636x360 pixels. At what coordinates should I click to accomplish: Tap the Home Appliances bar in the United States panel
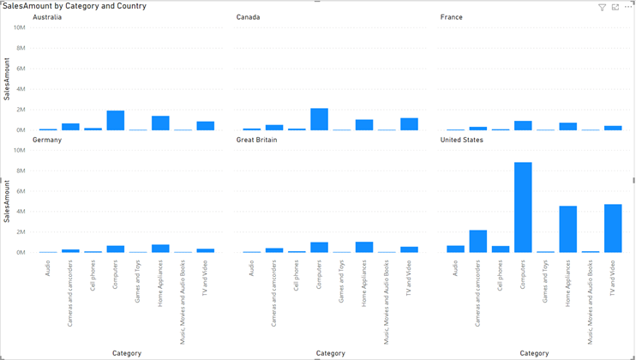point(567,229)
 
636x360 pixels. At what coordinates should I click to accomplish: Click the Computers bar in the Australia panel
point(115,120)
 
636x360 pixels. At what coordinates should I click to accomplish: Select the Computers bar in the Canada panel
point(319,119)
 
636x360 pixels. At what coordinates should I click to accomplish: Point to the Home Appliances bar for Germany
point(160,249)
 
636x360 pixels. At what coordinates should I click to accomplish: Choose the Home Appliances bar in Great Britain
point(364,247)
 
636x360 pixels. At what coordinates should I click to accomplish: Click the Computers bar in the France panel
point(523,125)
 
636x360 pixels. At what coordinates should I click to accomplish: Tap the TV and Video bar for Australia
point(205,125)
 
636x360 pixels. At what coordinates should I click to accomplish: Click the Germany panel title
point(47,140)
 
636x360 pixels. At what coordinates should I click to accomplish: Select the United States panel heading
point(463,140)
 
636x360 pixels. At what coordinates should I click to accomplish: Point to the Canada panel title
point(249,17)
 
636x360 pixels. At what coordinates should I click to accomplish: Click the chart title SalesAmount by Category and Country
point(75,6)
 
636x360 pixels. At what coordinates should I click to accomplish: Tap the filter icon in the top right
point(602,7)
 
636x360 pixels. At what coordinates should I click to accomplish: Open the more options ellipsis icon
point(628,7)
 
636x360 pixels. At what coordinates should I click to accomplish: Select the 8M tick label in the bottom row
point(21,171)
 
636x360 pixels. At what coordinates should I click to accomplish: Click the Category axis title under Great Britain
point(330,353)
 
